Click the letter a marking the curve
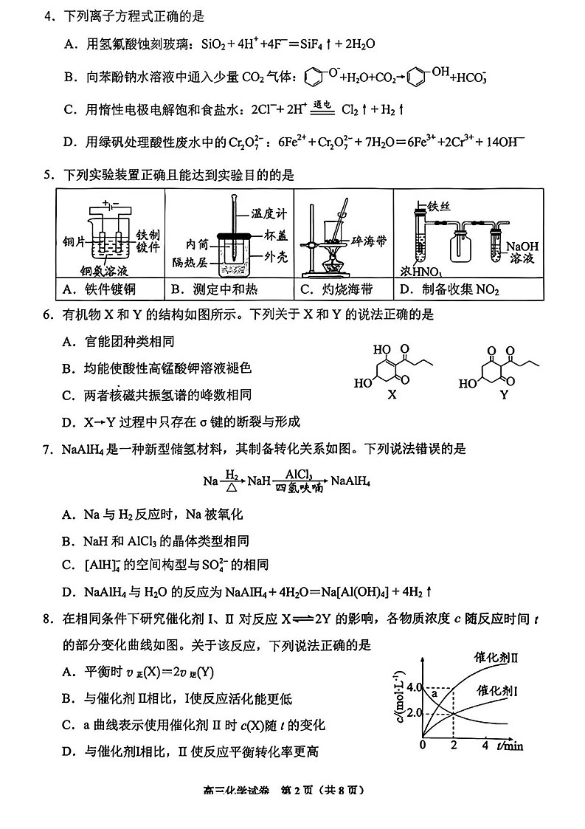click(435, 694)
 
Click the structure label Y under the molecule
click(504, 394)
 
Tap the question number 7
click(47, 449)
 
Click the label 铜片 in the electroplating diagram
click(75, 241)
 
